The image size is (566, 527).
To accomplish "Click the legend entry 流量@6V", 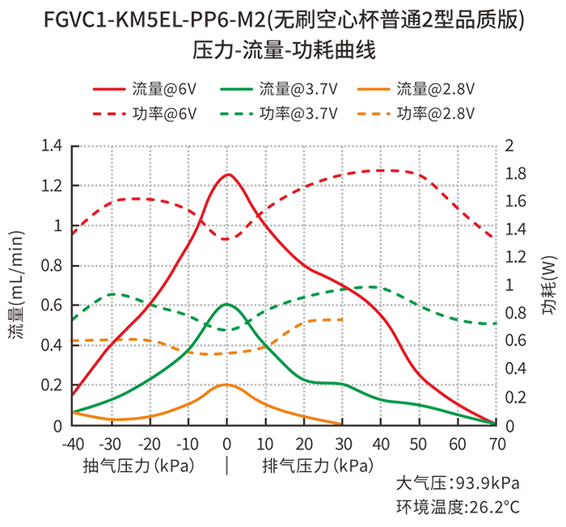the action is coord(145,89).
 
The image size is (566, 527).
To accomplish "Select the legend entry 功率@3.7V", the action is coord(279,114).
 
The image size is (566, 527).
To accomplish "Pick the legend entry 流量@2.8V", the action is coord(416,89).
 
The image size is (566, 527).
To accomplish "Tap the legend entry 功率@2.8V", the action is coord(416,114).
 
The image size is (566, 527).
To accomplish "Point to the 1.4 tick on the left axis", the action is coord(52,145).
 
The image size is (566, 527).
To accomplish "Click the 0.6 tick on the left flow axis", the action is coord(52,306).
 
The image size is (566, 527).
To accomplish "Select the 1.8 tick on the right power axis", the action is coord(516,174).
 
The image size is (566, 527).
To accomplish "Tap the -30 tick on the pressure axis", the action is coord(110,444).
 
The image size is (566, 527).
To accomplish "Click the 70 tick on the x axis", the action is coord(497,444).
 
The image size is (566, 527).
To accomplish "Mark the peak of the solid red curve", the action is coord(228,175).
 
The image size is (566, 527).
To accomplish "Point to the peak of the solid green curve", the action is coord(227,304).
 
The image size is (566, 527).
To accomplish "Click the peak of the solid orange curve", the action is coord(226,385).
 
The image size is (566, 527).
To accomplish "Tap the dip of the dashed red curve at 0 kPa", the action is coord(226,239).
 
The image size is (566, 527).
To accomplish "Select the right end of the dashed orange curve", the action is coord(342,320).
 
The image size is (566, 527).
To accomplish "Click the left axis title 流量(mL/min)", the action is coord(16,285).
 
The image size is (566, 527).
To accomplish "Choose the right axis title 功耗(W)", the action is coord(549,285).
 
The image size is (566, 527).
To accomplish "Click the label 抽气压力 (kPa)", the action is coord(138,466).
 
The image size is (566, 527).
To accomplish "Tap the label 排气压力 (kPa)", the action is coord(318,466).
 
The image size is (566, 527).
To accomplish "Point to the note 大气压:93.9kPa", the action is coord(458,483).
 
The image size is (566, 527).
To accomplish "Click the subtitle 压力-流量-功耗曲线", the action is coord(284,49).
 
